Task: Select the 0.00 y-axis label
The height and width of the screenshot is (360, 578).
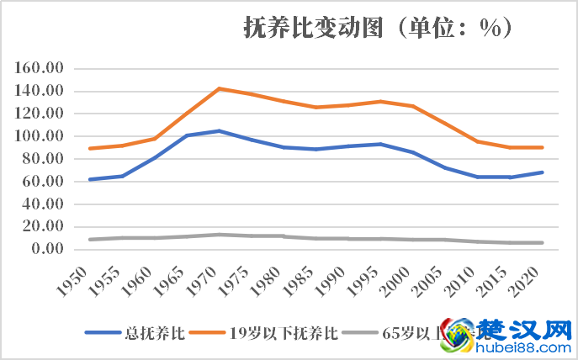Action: point(50,249)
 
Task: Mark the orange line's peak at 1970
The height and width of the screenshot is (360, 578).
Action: point(219,88)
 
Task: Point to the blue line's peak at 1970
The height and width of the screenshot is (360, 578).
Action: point(219,130)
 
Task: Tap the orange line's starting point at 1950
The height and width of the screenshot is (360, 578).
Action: point(89,148)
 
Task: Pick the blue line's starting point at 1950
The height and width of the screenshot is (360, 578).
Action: point(89,179)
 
